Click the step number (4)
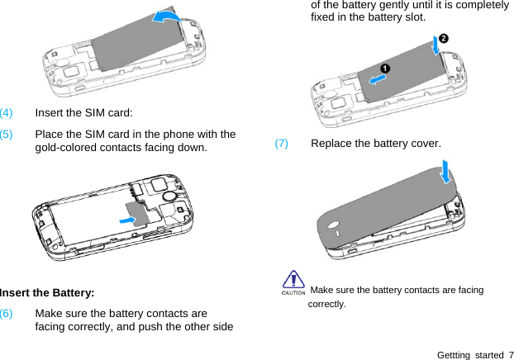tap(6, 112)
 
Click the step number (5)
tap(6, 135)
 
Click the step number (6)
tap(6, 315)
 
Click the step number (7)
tap(282, 144)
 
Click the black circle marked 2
tap(443, 39)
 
